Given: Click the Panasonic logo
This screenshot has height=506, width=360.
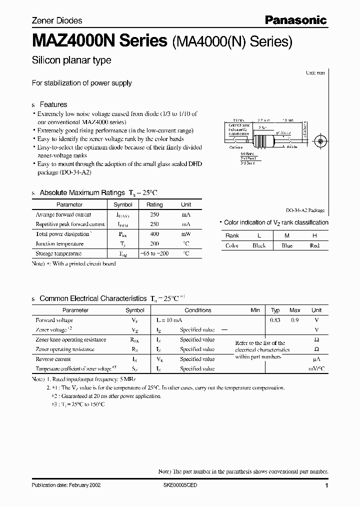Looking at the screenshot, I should (x=295, y=20).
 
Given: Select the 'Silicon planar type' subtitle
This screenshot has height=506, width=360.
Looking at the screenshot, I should (x=71, y=60).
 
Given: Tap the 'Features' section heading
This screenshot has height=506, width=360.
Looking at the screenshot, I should (x=53, y=104).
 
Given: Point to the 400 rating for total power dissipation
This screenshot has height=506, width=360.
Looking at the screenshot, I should (x=154, y=234).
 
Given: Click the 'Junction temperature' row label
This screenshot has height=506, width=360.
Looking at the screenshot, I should (x=59, y=244).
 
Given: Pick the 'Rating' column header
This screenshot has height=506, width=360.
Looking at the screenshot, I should (x=154, y=204).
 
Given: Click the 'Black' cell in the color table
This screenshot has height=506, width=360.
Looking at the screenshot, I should (x=259, y=245).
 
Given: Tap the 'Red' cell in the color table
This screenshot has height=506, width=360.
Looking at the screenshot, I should (x=314, y=245).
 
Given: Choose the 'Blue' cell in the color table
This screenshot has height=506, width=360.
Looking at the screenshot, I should (x=287, y=245).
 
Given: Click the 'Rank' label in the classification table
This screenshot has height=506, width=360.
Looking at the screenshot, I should (x=232, y=235).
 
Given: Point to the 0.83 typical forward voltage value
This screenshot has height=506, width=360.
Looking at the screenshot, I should (x=275, y=320).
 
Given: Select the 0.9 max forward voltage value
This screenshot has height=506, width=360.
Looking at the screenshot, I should (x=295, y=320).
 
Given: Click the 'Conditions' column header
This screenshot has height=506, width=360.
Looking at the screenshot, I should (x=198, y=310).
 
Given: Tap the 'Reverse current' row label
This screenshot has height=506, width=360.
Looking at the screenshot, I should (x=53, y=359).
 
